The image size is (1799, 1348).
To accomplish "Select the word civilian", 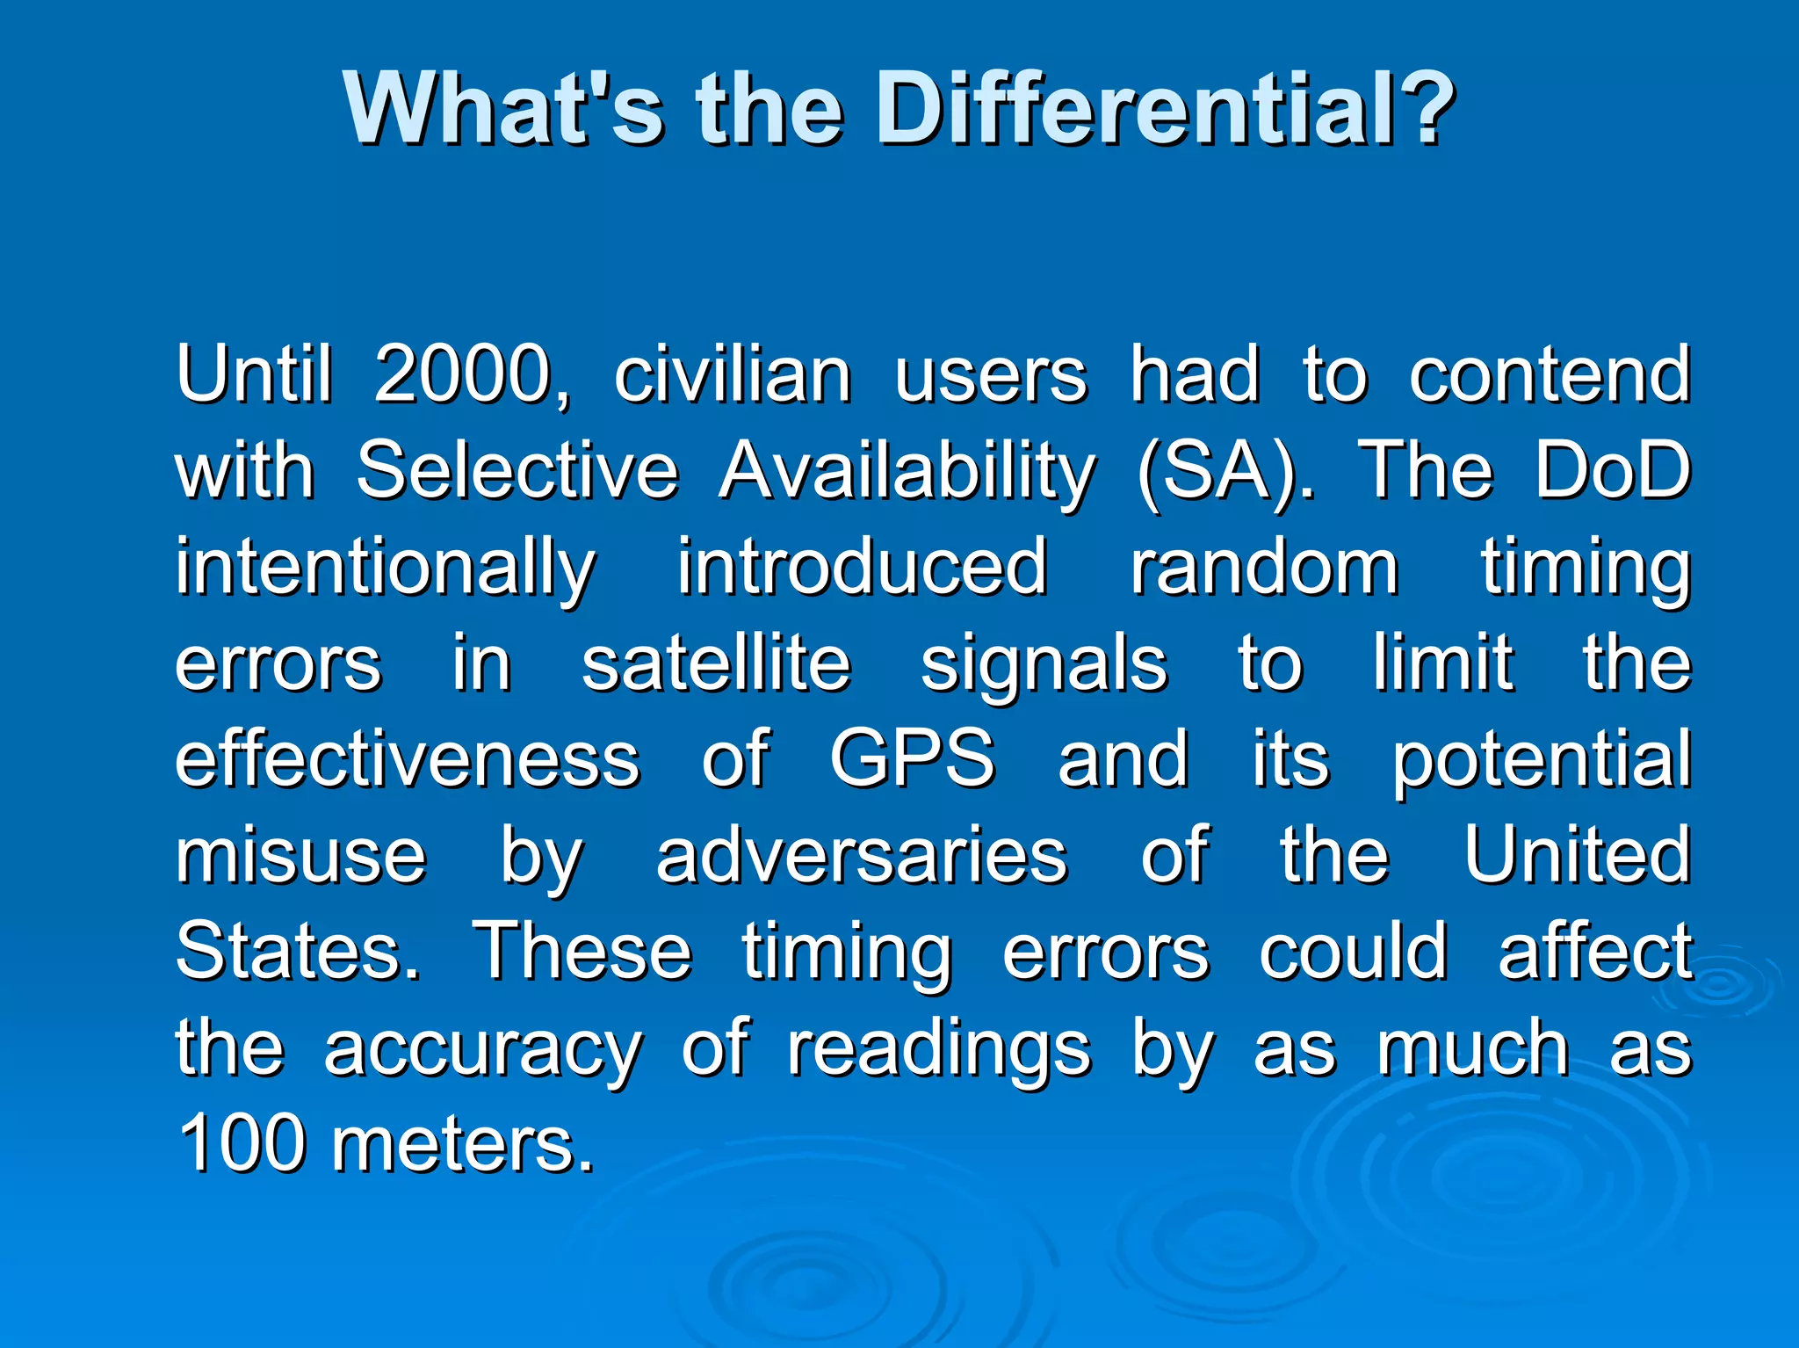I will (x=733, y=375).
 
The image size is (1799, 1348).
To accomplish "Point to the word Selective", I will (x=517, y=471).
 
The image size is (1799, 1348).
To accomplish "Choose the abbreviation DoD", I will (x=1613, y=471).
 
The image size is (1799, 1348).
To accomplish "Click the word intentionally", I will (x=386, y=569).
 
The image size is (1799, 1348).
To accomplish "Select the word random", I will (x=1264, y=567).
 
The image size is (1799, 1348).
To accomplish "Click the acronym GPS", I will (x=913, y=758).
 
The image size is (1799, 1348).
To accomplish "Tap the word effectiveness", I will (x=408, y=758).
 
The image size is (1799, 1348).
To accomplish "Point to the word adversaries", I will (x=862, y=855).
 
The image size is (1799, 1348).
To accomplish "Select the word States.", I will (x=298, y=951).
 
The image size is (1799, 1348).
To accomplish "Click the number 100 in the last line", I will (x=242, y=1143).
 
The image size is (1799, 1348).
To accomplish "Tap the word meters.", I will (x=463, y=1145).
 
